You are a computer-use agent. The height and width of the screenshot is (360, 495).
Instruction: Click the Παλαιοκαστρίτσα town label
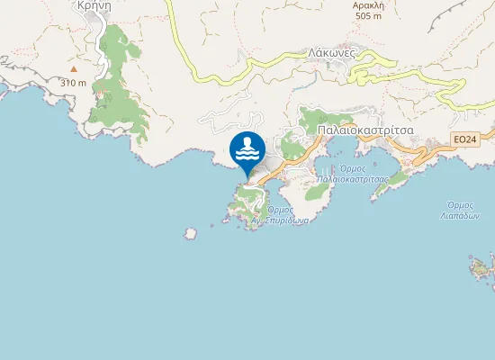[365, 130]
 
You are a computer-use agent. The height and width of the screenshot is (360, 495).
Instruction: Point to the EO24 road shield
[464, 139]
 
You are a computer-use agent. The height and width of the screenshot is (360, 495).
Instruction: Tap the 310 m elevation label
[74, 83]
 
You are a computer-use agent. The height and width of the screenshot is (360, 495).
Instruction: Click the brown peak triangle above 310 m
[74, 68]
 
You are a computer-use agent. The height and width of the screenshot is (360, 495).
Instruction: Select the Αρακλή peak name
[369, 4]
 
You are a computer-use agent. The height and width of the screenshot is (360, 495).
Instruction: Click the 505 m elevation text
[369, 15]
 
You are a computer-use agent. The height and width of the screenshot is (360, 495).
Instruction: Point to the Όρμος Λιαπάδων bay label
[462, 211]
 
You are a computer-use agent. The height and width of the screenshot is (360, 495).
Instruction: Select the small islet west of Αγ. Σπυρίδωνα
[190, 234]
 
